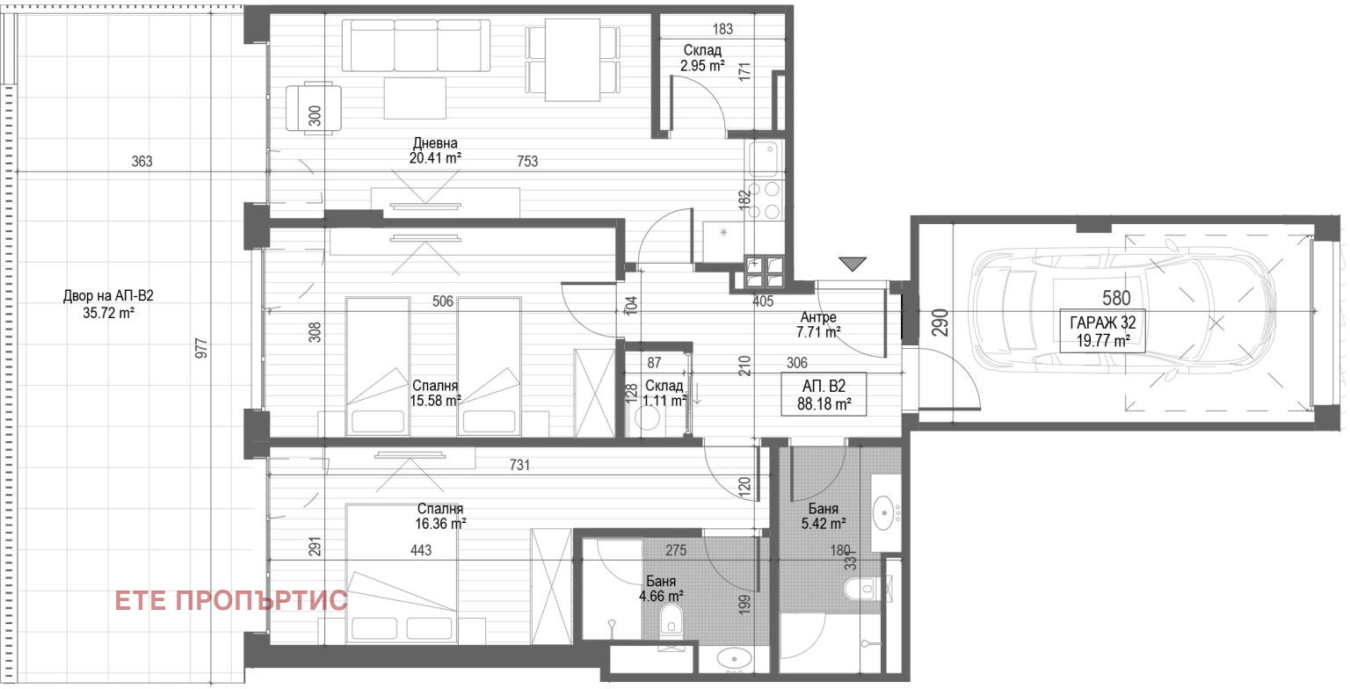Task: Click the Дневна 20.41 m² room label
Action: [x=435, y=150]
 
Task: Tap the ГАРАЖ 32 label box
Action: [x=1102, y=331]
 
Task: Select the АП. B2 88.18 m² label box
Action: [x=824, y=395]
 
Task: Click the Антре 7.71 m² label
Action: [x=818, y=323]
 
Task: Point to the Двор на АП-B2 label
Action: [x=108, y=296]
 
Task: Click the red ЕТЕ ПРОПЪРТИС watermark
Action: [x=231, y=600]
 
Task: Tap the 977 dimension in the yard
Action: [x=201, y=348]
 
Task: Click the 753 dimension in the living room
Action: [x=527, y=161]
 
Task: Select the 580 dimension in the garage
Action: [x=1116, y=298]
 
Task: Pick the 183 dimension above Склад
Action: [x=722, y=29]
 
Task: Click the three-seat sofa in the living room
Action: [x=416, y=46]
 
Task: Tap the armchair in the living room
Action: [x=314, y=107]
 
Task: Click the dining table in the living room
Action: [x=572, y=60]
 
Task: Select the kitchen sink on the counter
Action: [x=764, y=158]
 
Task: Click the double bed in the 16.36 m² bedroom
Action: [x=402, y=574]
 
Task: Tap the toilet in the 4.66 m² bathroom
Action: [x=671, y=619]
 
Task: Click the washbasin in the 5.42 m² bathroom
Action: [x=883, y=513]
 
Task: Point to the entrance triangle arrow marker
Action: [x=853, y=264]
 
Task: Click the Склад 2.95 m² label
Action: [x=703, y=58]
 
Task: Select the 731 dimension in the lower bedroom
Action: [x=519, y=465]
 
